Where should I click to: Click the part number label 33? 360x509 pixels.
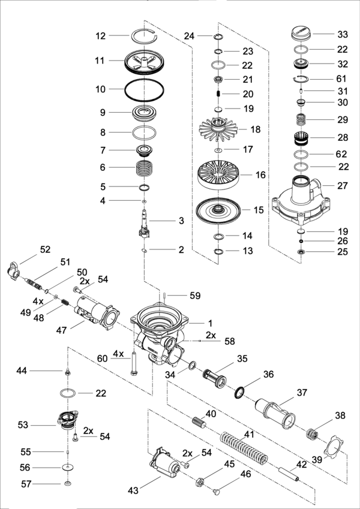pyautogui.click(x=343, y=34)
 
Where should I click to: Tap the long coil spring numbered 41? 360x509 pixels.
pyautogui.click(x=244, y=448)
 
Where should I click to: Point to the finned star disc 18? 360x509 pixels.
pyautogui.click(x=218, y=129)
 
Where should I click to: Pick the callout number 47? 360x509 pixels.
pyautogui.click(x=61, y=330)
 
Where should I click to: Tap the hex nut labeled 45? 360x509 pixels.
pyautogui.click(x=200, y=482)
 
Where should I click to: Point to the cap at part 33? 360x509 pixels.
pyautogui.click(x=301, y=34)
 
